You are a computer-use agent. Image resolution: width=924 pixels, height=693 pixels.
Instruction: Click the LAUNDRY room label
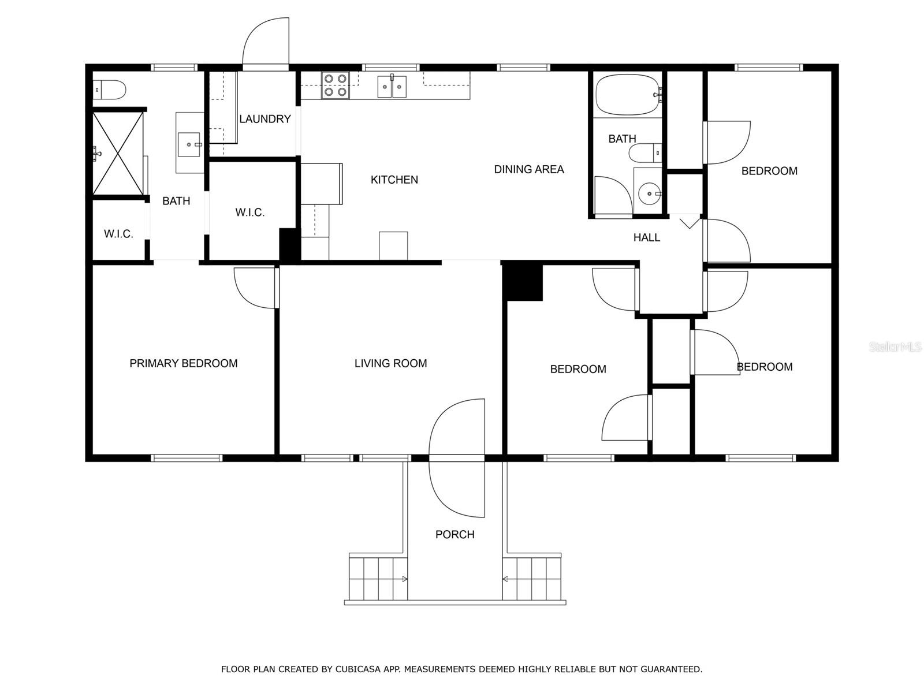pos(264,119)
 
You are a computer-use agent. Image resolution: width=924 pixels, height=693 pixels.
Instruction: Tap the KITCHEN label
pos(394,180)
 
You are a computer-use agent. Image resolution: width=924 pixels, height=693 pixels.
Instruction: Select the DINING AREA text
pos(529,169)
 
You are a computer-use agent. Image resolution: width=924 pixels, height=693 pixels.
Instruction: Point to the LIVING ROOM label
pos(390,363)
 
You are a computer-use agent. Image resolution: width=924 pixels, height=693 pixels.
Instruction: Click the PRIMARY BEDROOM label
pos(183,363)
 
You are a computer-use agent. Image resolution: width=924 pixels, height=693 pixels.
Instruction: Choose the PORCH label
pos(454,534)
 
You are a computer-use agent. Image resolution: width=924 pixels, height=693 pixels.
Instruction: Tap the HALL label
pos(647,237)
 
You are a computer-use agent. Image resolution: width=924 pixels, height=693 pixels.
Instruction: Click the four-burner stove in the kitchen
pos(336,85)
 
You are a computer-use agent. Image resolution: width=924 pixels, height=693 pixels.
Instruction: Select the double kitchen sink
pos(392,87)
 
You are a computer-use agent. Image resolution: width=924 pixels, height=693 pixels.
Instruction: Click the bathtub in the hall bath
pos(628,95)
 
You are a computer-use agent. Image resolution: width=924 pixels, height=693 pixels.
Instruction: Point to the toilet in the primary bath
pos(110,90)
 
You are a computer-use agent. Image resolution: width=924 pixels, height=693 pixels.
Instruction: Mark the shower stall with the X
pos(118,153)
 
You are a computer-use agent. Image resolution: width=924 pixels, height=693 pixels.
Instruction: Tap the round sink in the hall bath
pos(650,193)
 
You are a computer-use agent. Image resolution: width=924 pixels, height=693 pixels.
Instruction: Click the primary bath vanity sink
pos(189,144)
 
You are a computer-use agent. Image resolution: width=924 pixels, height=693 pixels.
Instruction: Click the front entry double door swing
pos(457,458)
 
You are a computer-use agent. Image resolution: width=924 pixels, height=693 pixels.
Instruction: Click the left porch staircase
pos(378,579)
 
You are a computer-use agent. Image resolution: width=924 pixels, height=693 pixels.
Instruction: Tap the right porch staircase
pos(532,579)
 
